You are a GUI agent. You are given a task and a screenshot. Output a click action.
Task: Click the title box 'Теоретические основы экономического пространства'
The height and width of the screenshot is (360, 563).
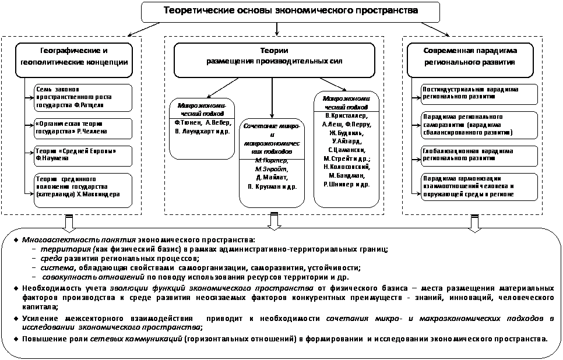[282, 11]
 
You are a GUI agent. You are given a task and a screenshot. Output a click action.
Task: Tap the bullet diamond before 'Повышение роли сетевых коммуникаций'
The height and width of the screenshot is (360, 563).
[16, 338]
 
